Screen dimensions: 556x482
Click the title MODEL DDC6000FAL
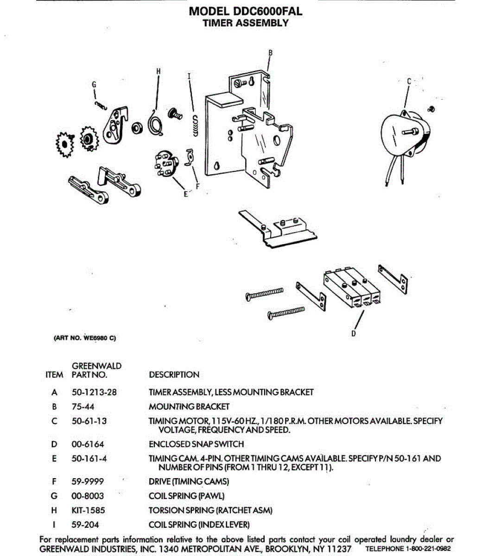tap(246, 11)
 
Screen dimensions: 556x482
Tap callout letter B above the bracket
tap(271, 52)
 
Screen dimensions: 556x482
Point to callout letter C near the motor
tap(409, 82)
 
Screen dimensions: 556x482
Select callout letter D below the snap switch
tap(354, 333)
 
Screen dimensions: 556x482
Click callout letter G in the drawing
tap(94, 85)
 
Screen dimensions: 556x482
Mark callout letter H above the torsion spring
tap(159, 71)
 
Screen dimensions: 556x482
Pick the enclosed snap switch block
tap(352, 287)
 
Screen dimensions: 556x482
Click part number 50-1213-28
tap(94, 392)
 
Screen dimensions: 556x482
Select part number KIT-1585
tap(88, 511)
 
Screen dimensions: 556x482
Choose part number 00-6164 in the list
tap(88, 444)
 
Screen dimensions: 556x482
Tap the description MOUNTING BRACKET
tap(189, 407)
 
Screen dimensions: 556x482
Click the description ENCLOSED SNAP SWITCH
tap(196, 444)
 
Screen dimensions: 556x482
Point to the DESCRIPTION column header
tap(174, 375)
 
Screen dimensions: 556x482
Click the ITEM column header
tap(54, 375)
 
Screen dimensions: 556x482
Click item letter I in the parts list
tap(54, 525)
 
